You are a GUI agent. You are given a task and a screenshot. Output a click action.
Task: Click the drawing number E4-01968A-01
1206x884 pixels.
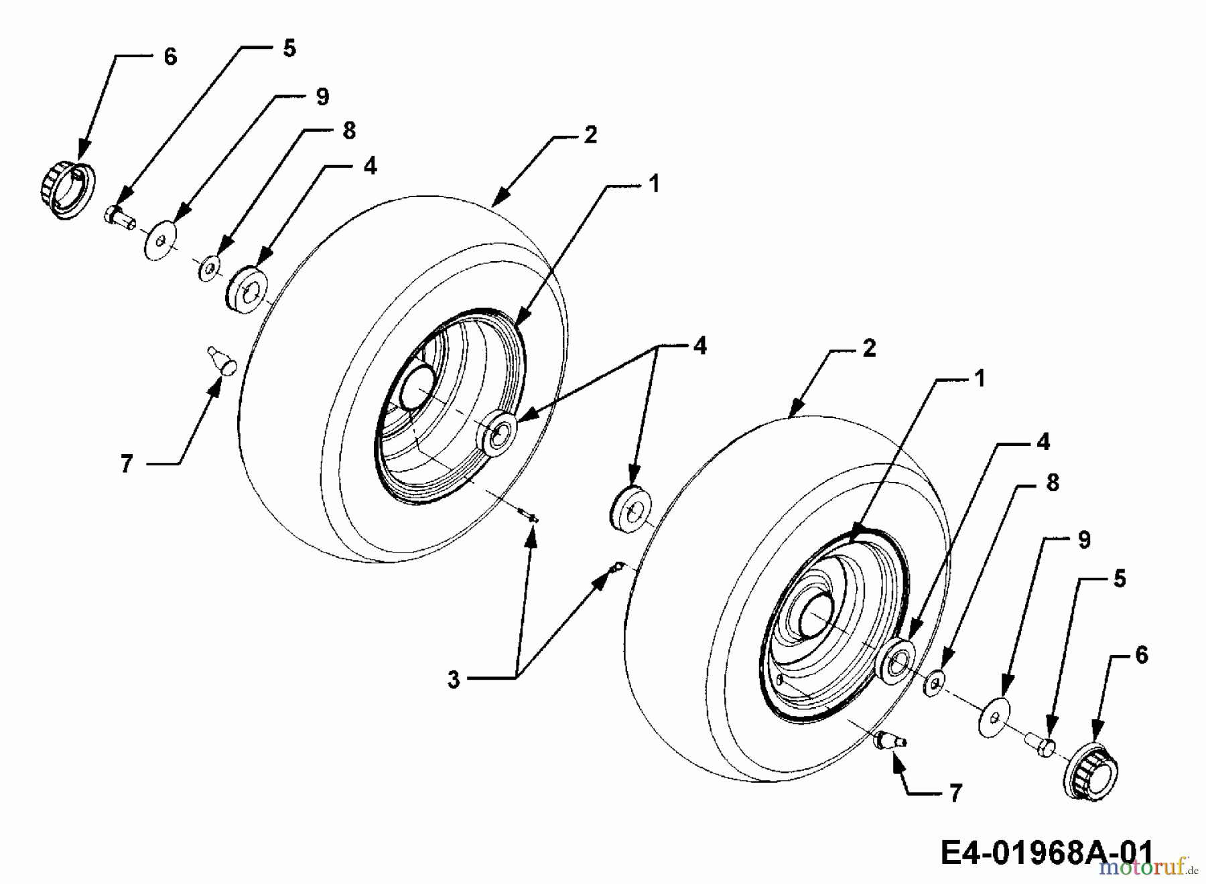1048,853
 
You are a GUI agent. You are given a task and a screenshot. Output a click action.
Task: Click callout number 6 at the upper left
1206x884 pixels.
170,57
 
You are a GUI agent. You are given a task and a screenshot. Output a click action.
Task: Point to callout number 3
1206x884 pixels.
454,680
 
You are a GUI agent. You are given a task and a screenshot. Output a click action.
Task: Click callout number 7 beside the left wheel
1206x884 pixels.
127,463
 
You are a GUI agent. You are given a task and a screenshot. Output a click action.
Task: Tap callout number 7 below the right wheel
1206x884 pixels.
956,794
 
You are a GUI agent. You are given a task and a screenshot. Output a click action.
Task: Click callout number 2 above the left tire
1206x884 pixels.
590,135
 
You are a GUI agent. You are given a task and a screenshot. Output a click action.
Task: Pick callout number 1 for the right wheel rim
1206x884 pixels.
980,379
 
